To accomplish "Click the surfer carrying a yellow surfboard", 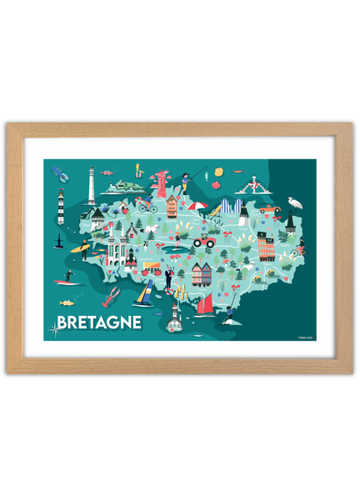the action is pyautogui.click(x=82, y=247).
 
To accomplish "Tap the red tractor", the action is pyautogui.click(x=203, y=241).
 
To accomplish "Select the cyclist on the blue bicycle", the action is pyautogui.click(x=147, y=203).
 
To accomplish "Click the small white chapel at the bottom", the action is pyautogui.click(x=173, y=317).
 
